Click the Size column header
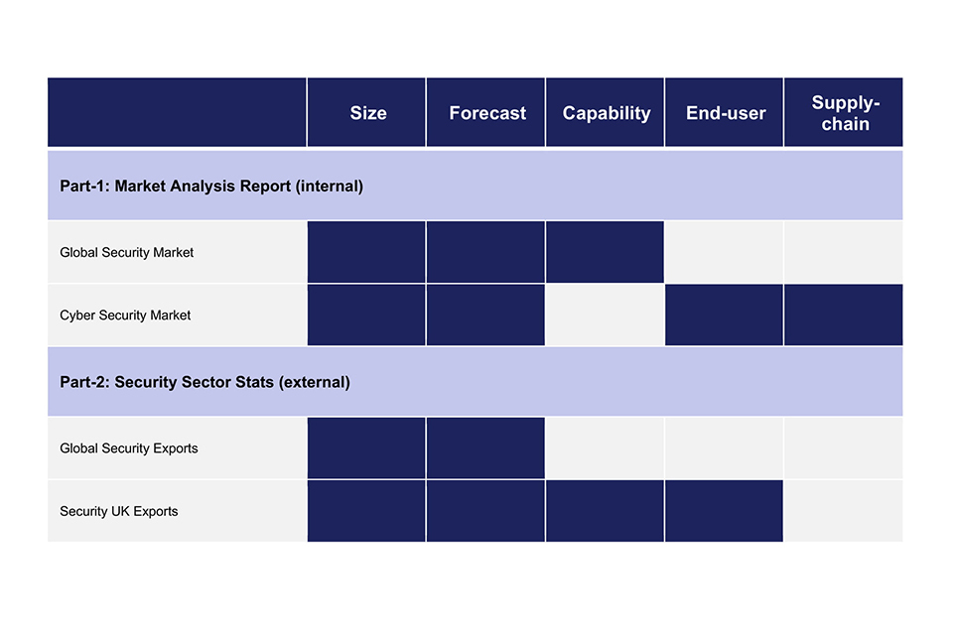tap(368, 113)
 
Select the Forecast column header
tap(487, 113)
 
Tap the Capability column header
tap(607, 114)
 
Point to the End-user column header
tap(726, 113)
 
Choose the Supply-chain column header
tap(846, 113)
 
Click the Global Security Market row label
tap(126, 253)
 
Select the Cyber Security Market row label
tap(125, 316)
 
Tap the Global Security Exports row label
tap(129, 448)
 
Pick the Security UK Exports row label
tap(118, 512)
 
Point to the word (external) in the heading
tap(315, 382)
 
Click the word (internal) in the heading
tap(330, 186)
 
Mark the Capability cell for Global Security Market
tap(605, 252)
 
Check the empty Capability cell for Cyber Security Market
tap(605, 315)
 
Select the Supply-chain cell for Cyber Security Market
tap(844, 315)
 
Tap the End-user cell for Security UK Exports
tap(724, 511)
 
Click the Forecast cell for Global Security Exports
tap(485, 447)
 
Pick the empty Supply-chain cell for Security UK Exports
tap(844, 511)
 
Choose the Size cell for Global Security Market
tap(366, 252)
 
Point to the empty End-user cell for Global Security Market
tap(724, 252)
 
